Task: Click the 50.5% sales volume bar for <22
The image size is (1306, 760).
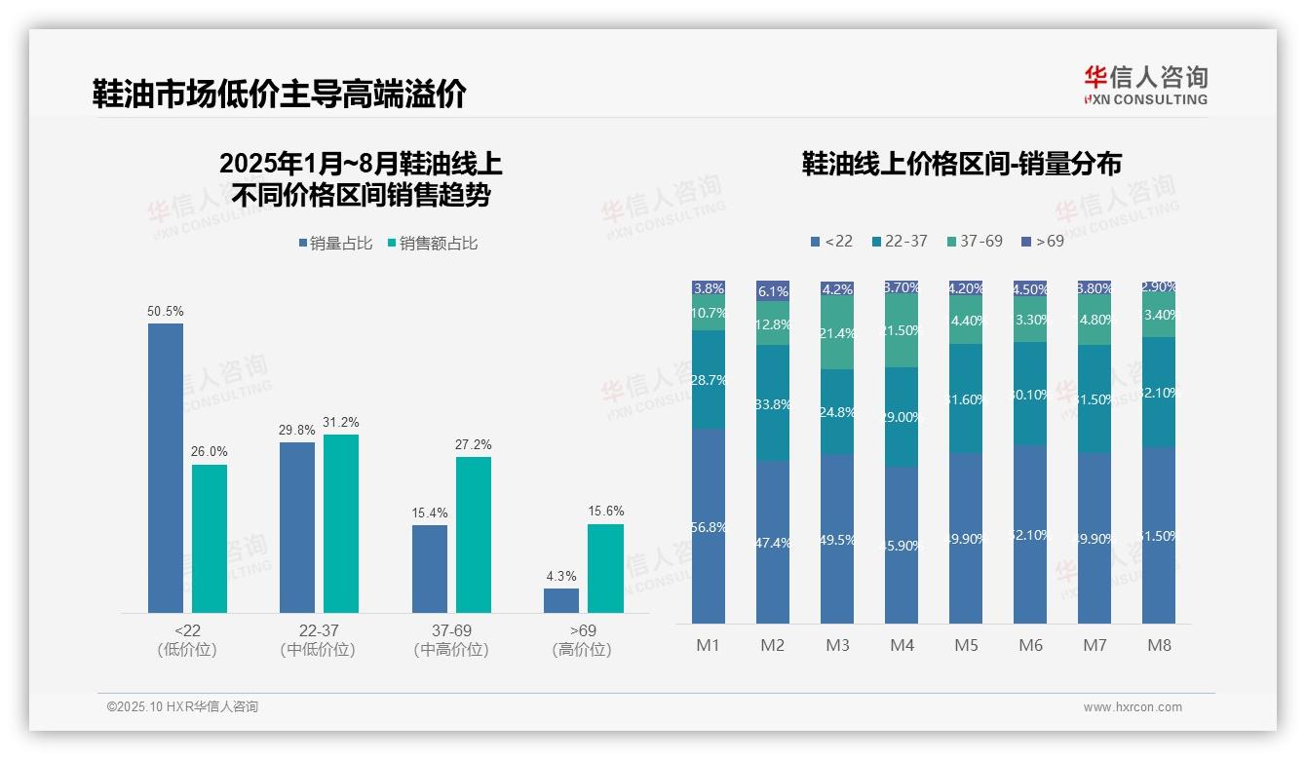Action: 166,468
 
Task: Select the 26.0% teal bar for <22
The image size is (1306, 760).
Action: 210,538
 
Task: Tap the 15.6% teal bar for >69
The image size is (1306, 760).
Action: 605,568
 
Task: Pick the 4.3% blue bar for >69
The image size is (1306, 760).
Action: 561,600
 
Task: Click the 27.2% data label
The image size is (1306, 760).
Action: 474,445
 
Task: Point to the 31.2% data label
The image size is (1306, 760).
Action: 341,423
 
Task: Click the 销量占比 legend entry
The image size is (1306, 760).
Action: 335,244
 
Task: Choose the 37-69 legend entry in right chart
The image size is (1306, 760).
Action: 974,241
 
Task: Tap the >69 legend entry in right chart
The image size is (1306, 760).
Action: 1042,241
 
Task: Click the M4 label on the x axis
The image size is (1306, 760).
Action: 902,645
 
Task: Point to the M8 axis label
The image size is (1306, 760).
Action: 1159,645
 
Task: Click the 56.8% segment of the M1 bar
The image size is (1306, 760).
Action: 709,526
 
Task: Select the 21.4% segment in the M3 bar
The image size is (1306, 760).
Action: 837,333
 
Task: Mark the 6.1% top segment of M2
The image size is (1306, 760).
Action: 773,290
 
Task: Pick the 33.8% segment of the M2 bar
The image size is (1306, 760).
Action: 773,403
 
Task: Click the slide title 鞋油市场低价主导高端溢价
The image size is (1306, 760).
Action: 280,95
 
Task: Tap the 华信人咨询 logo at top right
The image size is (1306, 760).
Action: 1145,85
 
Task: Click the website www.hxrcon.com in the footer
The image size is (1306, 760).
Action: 1133,707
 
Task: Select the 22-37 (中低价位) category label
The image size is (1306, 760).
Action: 318,640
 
